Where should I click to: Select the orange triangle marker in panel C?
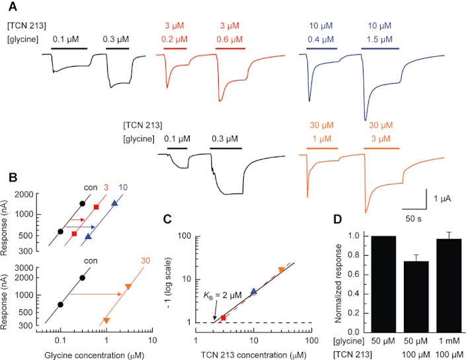pyautogui.click(x=282, y=270)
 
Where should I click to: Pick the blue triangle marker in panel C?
pyautogui.click(x=254, y=291)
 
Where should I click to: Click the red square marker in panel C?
pyautogui.click(x=223, y=318)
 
